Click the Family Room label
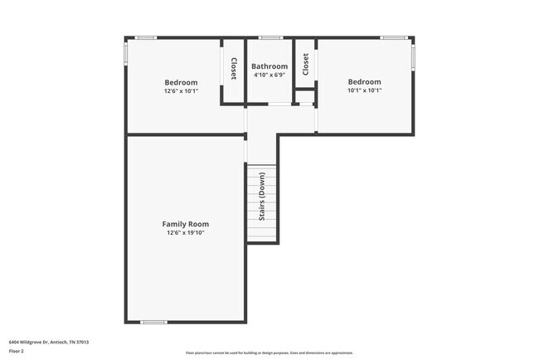185,224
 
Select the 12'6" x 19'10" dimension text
185,233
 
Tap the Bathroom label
269,66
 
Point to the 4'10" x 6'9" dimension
269,75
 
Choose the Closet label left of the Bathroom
234,68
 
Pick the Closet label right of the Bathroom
305,65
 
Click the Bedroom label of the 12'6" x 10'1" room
181,82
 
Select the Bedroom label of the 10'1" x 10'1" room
364,82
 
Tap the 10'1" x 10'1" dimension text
364,91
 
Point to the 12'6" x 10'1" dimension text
181,91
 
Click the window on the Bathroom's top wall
269,38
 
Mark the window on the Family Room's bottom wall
154,322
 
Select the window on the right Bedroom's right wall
413,56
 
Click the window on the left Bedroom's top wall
147,38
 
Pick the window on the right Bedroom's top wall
393,38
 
